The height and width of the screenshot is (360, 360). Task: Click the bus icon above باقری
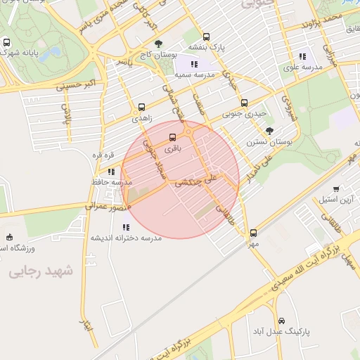click(173, 138)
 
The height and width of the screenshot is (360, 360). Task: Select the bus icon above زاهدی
click(143, 108)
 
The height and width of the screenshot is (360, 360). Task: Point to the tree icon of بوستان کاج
click(157, 43)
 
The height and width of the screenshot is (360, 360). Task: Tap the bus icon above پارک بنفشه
click(206, 37)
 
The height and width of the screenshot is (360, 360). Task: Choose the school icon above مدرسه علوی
click(302, 56)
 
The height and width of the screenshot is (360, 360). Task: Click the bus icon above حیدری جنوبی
click(244, 103)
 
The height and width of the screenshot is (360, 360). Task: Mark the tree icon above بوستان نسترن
click(270, 131)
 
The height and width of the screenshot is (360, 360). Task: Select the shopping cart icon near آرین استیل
click(337, 188)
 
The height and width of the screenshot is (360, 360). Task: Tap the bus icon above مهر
click(253, 233)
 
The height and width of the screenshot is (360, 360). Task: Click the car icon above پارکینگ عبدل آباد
click(281, 320)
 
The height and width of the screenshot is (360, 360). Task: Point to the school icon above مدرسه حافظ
click(111, 172)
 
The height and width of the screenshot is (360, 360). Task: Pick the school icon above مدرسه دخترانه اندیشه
click(126, 227)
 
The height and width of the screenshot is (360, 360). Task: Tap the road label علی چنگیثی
click(197, 181)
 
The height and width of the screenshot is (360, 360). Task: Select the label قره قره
click(98, 155)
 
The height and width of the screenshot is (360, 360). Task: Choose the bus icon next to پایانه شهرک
click(7, 43)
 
